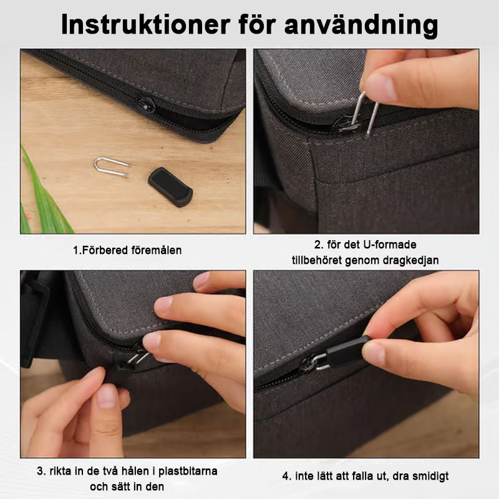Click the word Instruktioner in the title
pyautogui.click(x=145, y=24)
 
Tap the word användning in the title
pyautogui.click(x=361, y=26)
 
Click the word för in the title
pyautogui.click(x=257, y=24)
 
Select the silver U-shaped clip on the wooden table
pyautogui.click(x=111, y=166)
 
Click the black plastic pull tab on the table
pyautogui.click(x=170, y=187)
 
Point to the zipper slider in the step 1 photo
pyautogui.click(x=145, y=104)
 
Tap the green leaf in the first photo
pyautogui.click(x=44, y=194)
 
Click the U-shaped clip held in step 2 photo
pyautogui.click(x=366, y=112)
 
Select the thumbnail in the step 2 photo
pyautogui.click(x=381, y=87)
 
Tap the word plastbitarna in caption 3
pyautogui.click(x=188, y=471)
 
